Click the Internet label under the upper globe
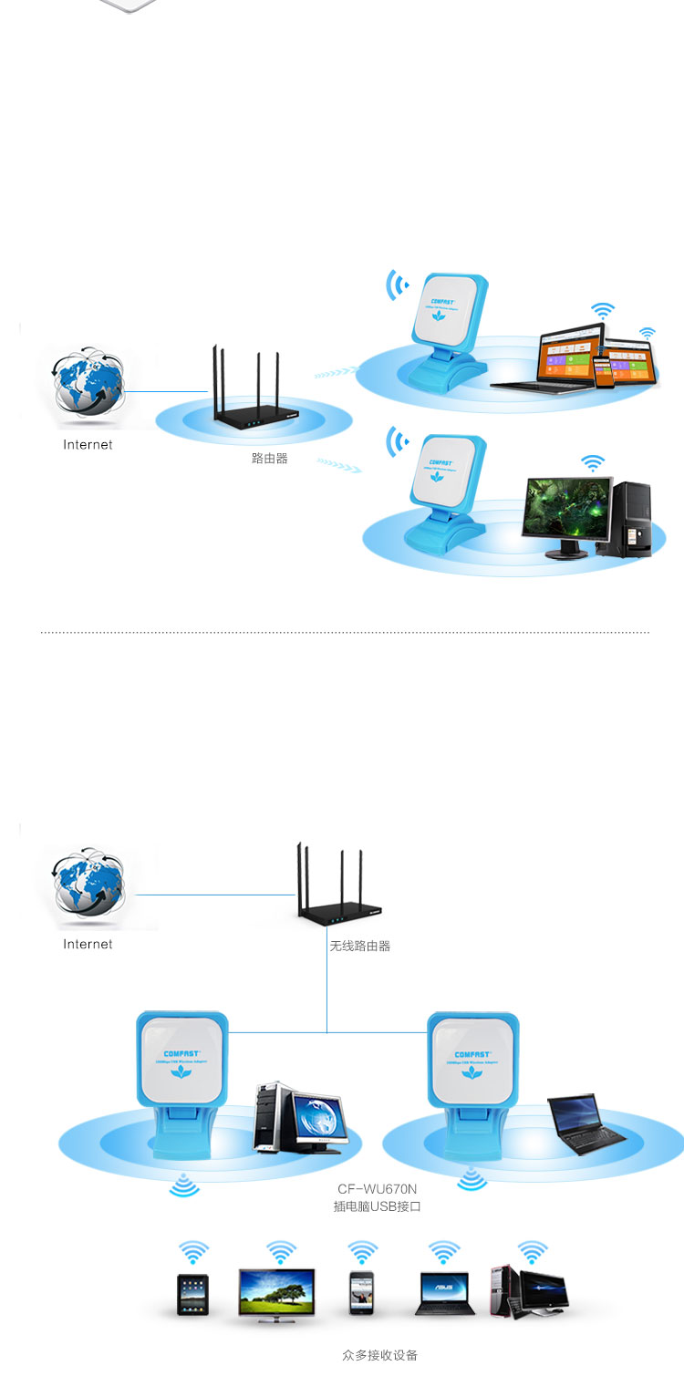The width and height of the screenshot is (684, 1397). pos(88,445)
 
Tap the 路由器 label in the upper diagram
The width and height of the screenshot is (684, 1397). pos(269,459)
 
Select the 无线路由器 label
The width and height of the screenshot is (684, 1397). pos(359,947)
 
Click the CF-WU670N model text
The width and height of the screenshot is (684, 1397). pos(377,1189)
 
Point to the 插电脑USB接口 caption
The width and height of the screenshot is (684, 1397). pos(377,1206)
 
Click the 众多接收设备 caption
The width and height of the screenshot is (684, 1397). pos(379,1355)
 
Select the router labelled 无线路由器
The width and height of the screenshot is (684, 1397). pos(337,898)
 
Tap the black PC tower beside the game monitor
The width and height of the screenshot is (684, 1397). pos(631,519)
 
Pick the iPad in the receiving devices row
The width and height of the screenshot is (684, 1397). pos(192,1294)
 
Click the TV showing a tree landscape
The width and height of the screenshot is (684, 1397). pos(276,1294)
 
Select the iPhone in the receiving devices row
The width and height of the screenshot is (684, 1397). pos(362,1294)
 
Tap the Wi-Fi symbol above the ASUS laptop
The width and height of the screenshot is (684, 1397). pos(444,1251)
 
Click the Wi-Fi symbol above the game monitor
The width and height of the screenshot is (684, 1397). pos(594,463)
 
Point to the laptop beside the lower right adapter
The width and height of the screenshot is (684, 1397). pos(587,1124)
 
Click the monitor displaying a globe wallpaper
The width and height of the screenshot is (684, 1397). pos(316,1121)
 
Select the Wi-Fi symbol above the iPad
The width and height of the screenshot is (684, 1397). pos(193,1251)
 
